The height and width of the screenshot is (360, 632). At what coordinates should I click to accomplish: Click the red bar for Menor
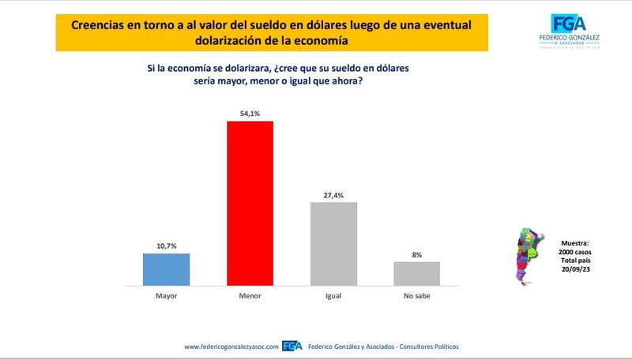pyautogui.click(x=250, y=203)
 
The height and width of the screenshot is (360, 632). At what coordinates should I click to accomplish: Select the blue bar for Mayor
pyautogui.click(x=166, y=269)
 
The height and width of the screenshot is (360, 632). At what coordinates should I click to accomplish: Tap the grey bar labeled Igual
pyautogui.click(x=334, y=243)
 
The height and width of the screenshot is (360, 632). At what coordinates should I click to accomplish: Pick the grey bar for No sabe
pyautogui.click(x=416, y=273)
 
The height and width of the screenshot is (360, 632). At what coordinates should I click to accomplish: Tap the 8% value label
pyautogui.click(x=416, y=255)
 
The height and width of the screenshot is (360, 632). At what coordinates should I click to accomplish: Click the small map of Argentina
pyautogui.click(x=526, y=254)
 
